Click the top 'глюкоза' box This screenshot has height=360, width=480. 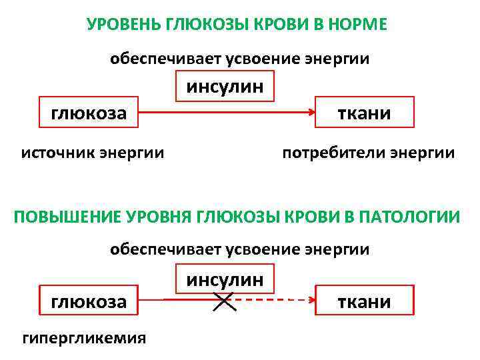(89, 113)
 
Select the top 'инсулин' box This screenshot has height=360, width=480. (225, 87)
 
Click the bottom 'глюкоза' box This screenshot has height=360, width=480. (89, 301)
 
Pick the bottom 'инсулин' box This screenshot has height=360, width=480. (225, 279)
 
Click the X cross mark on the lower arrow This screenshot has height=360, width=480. (224, 301)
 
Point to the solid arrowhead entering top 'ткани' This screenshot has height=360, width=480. (311, 113)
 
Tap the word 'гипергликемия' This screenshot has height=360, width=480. (84, 338)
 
